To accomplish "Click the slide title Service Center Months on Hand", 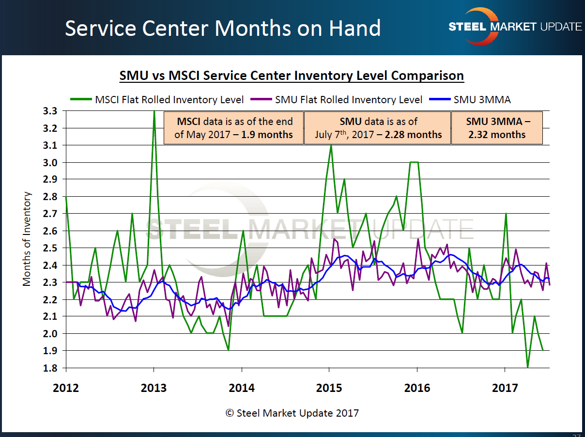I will pyautogui.click(x=222, y=28).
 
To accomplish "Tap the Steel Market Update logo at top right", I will pyautogui.click(x=515, y=27).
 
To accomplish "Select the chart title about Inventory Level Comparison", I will pyautogui.click(x=292, y=76).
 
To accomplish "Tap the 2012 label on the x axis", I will pyautogui.click(x=65, y=388).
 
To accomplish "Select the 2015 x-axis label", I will pyautogui.click(x=329, y=388).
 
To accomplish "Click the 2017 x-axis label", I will pyautogui.click(x=505, y=388).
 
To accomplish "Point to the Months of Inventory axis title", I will pyautogui.click(x=28, y=239).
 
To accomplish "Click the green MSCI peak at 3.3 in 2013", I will pyautogui.click(x=154, y=111).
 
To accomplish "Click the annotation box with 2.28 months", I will pyautogui.click(x=378, y=128).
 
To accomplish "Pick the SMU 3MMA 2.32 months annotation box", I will pyautogui.click(x=497, y=128).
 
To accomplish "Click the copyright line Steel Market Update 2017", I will pyautogui.click(x=292, y=413).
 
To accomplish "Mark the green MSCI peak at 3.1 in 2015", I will pyautogui.click(x=331, y=145).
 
